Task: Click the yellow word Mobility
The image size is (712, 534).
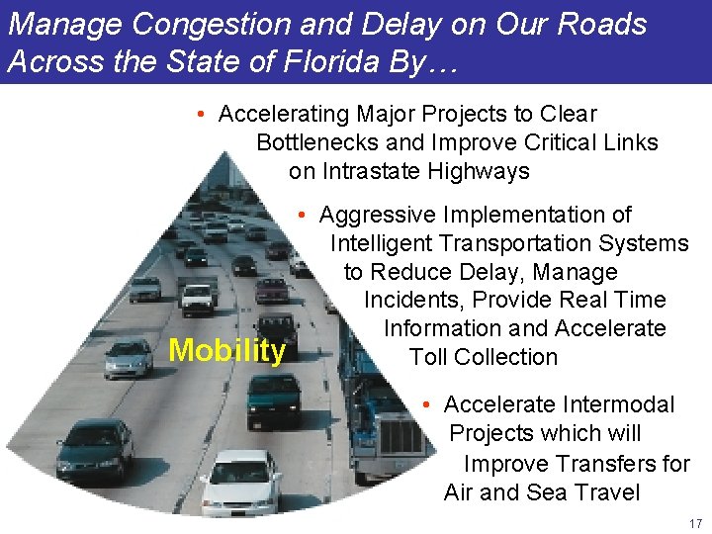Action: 227,351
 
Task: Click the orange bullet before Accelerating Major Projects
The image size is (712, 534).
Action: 200,115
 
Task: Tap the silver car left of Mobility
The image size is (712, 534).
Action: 129,358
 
